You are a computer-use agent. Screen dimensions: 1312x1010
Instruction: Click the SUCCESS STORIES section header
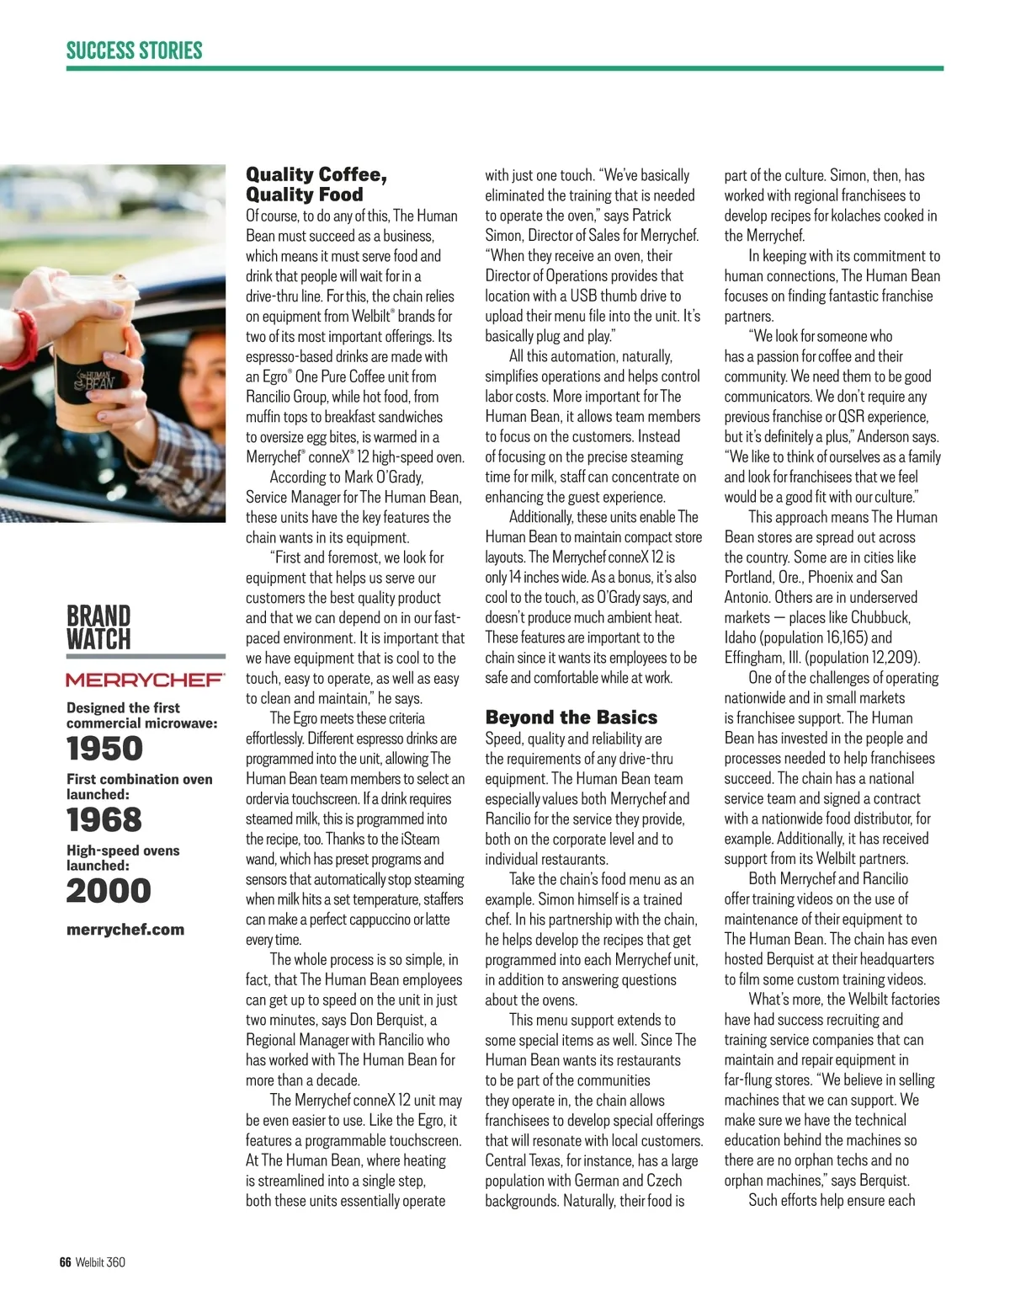coord(135,51)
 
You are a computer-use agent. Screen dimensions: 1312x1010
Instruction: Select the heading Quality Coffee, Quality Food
coord(316,184)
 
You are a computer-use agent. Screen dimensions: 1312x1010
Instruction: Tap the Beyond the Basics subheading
coord(571,717)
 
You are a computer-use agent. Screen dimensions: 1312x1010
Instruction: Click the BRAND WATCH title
coord(98,627)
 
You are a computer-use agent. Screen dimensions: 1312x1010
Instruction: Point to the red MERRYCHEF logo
coord(145,680)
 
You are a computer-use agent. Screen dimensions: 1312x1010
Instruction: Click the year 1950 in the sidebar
coord(105,749)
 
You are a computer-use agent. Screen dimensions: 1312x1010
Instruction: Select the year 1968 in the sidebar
coord(104,819)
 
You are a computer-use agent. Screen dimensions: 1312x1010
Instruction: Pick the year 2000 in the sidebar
coord(109,891)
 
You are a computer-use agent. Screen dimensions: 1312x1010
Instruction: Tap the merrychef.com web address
coord(125,930)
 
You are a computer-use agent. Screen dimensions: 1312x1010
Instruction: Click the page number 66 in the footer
coord(66,1262)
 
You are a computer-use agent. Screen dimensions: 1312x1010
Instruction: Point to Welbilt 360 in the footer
coord(100,1262)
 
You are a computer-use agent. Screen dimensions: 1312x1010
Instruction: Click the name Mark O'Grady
coord(384,477)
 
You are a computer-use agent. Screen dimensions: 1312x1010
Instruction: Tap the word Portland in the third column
coord(748,578)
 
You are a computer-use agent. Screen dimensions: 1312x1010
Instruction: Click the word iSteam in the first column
coord(416,839)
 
